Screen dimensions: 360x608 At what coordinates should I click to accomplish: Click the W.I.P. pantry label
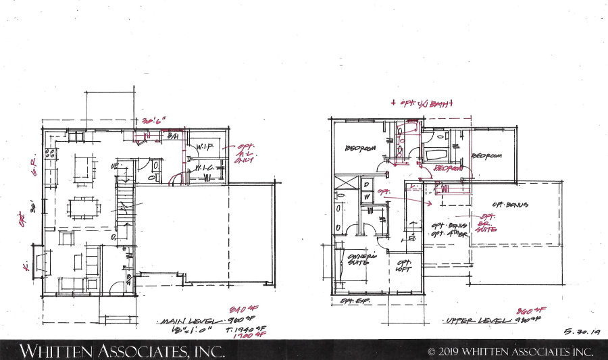coord(205,147)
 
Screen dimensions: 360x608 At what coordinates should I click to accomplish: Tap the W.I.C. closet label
coord(205,168)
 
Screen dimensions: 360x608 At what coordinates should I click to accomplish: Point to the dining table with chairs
coord(84,206)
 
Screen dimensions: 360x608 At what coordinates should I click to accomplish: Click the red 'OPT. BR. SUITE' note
coord(488,223)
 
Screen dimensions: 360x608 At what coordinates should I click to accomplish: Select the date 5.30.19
coord(580,332)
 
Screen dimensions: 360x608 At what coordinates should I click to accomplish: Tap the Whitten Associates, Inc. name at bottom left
coord(112,351)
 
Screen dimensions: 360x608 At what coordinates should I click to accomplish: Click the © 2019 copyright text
coord(511,351)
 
